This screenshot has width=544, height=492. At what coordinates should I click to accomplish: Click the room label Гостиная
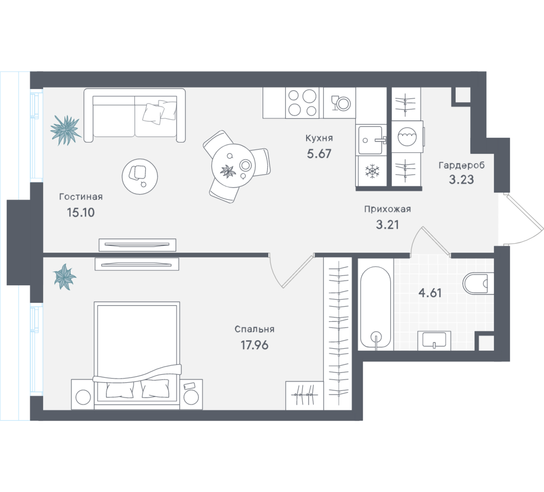81,197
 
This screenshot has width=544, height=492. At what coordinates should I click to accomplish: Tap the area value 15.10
80,212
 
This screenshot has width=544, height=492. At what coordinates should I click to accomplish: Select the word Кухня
319,138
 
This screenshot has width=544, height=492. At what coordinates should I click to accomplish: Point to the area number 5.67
319,153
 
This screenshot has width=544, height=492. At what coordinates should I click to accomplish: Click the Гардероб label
461,165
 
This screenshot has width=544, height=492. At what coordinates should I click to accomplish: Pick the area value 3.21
387,225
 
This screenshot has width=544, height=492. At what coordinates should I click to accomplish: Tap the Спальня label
254,329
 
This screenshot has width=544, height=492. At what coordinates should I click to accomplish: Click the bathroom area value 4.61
430,293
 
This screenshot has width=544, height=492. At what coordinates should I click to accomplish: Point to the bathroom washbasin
434,340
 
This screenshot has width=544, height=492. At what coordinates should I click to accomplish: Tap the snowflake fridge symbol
372,171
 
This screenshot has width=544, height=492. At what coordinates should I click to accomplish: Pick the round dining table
233,166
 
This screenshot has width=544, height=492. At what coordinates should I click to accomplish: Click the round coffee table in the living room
140,176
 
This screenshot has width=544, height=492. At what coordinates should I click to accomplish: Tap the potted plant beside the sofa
66,130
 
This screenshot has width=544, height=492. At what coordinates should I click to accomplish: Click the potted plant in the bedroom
64,277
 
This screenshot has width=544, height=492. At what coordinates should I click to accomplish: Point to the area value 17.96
254,345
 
